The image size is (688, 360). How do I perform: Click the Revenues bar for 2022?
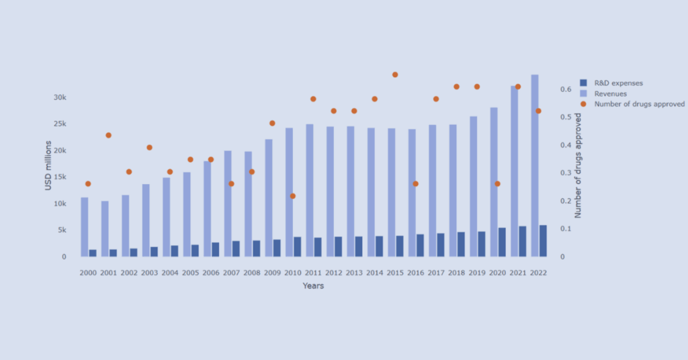click(534, 165)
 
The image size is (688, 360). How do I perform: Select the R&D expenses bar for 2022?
click(543, 241)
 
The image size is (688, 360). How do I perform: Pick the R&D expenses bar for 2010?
click(297, 246)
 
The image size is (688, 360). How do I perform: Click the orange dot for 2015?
click(395, 75)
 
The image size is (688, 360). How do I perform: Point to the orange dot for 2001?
click(108, 135)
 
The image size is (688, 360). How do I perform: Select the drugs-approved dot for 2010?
click(292, 196)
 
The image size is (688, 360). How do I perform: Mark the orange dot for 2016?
click(415, 183)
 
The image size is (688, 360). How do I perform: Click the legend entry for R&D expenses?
click(619, 83)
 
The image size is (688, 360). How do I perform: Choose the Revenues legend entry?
click(610, 94)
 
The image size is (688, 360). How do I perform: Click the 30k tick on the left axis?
click(60, 97)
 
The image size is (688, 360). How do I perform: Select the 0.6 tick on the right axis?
click(566, 89)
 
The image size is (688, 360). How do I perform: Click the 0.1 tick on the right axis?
click(566, 229)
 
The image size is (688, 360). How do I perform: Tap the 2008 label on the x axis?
click(251, 273)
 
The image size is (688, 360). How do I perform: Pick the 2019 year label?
click(476, 273)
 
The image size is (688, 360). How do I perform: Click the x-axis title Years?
click(313, 286)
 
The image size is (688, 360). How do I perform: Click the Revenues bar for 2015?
click(392, 192)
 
